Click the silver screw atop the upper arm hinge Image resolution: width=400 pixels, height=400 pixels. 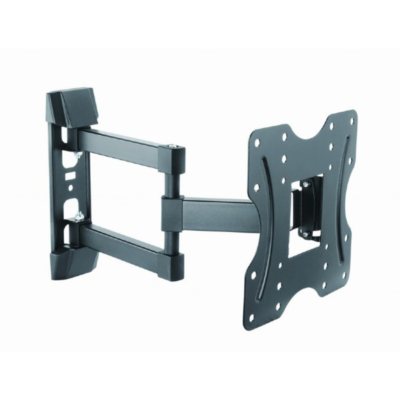pyautogui.click(x=173, y=146)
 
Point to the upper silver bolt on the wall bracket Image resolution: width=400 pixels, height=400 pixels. pyautogui.click(x=79, y=154)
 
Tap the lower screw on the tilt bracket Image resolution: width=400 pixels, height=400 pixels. pyautogui.click(x=305, y=234)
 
